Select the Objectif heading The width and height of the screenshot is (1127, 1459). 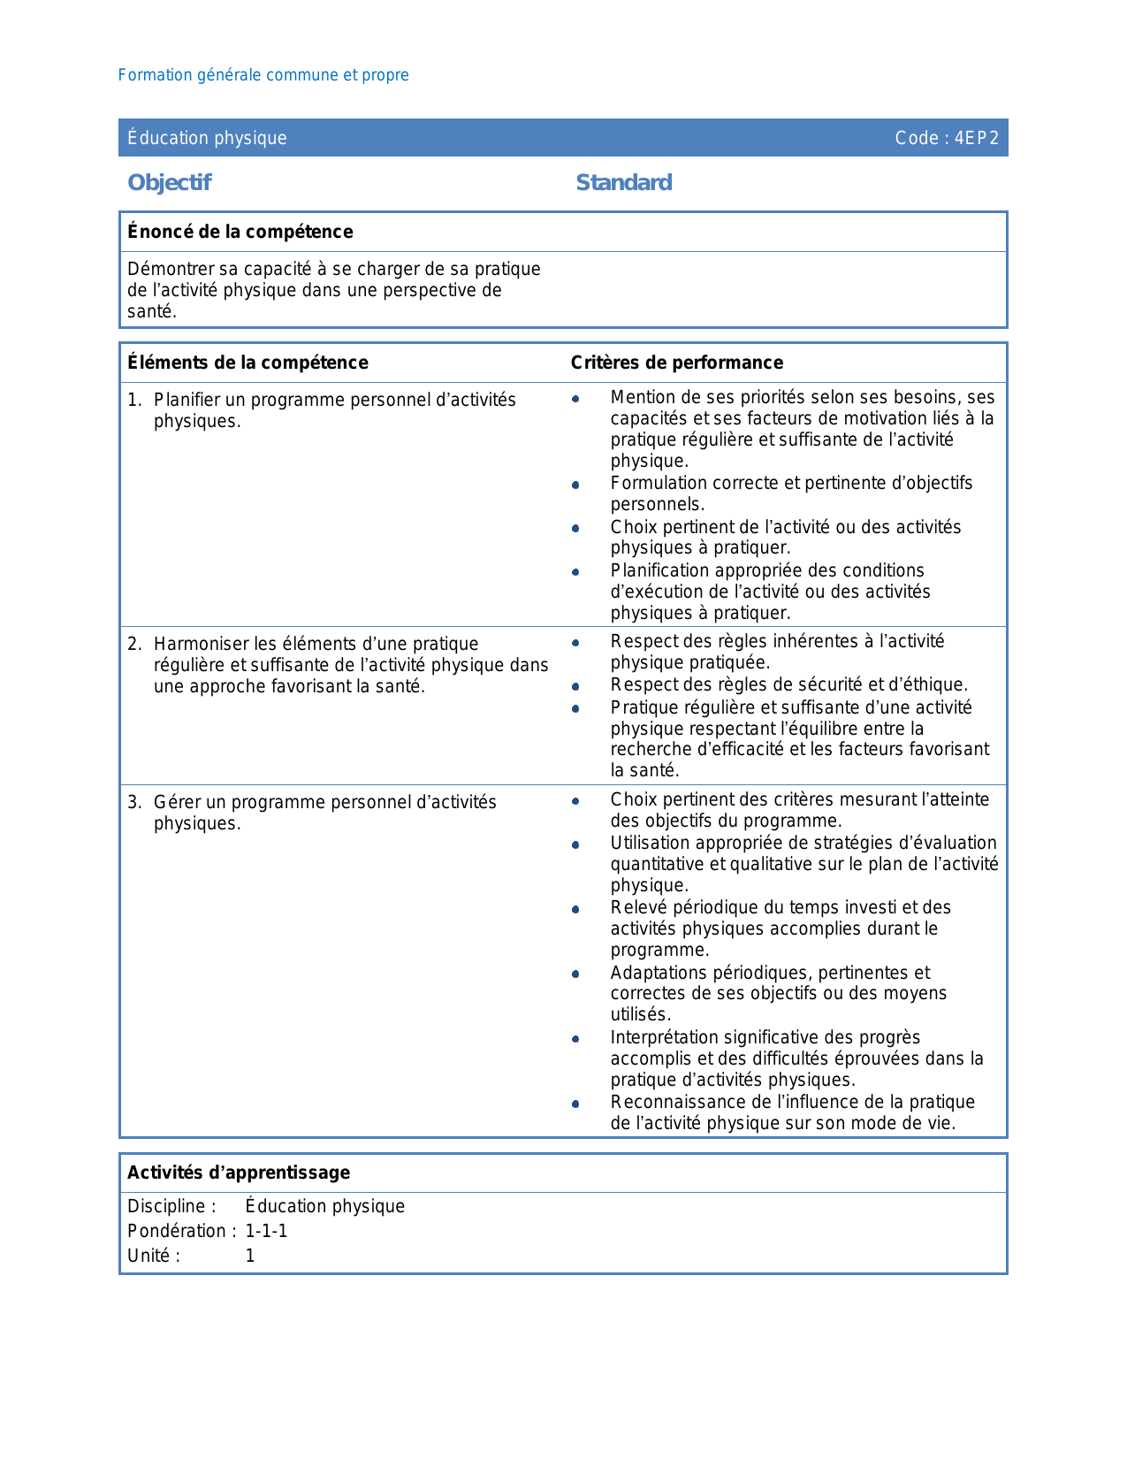click(x=170, y=182)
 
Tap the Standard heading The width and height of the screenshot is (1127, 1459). click(x=623, y=182)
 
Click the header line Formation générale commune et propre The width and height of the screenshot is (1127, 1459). click(x=263, y=75)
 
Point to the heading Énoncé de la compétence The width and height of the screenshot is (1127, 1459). click(x=240, y=232)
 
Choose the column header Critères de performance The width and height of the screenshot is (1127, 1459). click(x=676, y=363)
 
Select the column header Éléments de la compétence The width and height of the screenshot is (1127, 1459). click(x=247, y=363)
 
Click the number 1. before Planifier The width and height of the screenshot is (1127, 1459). click(x=134, y=400)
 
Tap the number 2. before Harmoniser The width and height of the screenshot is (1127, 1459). click(x=134, y=644)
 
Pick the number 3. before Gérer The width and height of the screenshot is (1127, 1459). click(x=134, y=802)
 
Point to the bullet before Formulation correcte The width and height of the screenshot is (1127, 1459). click(x=575, y=485)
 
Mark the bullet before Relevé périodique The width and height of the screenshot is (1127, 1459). click(x=575, y=909)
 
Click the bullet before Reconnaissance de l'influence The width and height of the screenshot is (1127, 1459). click(x=575, y=1104)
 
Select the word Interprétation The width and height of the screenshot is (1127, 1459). click(x=666, y=1037)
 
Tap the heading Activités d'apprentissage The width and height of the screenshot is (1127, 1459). click(x=239, y=1173)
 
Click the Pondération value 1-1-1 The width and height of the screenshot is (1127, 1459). click(x=266, y=1231)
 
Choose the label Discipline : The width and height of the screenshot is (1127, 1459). click(x=171, y=1206)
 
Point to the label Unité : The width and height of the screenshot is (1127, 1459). click(x=154, y=1256)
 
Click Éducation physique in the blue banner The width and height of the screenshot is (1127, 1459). click(x=207, y=138)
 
